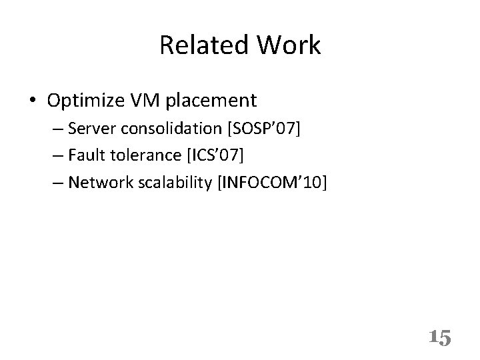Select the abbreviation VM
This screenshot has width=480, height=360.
(148, 101)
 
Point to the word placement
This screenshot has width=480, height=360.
(213, 101)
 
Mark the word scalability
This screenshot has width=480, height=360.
(179, 182)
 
